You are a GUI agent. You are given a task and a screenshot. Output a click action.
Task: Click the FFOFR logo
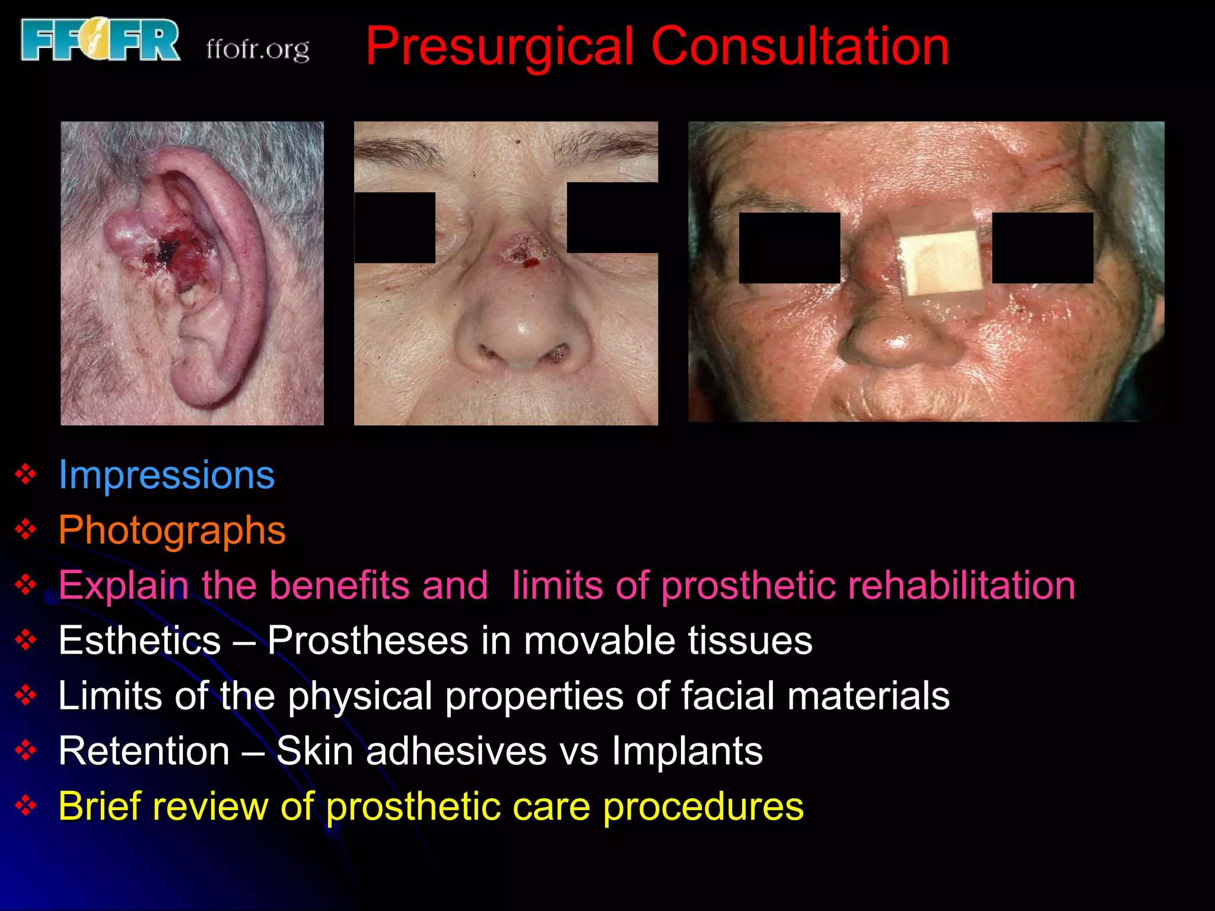tap(100, 40)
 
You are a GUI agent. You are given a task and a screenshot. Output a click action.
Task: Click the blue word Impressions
tap(167, 474)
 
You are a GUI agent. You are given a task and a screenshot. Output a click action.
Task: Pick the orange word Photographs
tap(172, 530)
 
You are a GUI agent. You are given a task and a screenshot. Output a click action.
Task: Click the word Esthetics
tap(140, 641)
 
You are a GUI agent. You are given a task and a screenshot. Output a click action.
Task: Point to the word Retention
tap(144, 751)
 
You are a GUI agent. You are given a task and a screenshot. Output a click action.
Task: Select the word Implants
tap(687, 751)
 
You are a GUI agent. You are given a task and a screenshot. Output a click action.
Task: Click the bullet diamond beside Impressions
tap(26, 474)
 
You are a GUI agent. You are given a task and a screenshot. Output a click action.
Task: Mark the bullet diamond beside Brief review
tap(26, 806)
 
